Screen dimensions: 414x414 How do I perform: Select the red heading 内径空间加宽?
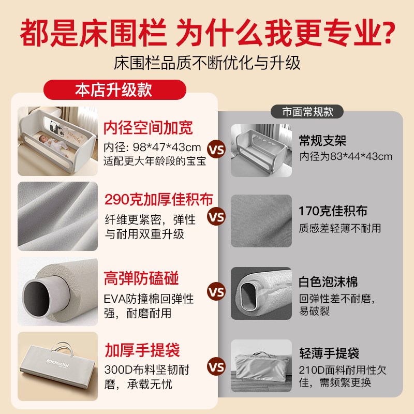tap(148, 127)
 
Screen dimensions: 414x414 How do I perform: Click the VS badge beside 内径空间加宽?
tap(216, 150)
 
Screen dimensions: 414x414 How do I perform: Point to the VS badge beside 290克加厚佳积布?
tap(216, 217)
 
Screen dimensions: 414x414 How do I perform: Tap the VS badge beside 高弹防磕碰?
tap(216, 292)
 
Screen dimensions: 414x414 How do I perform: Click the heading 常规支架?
tap(322, 140)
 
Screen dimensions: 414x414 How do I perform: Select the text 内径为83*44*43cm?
tap(345, 156)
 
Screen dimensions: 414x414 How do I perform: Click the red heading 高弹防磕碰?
tap(141, 279)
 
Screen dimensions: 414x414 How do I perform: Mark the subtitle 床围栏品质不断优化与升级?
tap(207, 63)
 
